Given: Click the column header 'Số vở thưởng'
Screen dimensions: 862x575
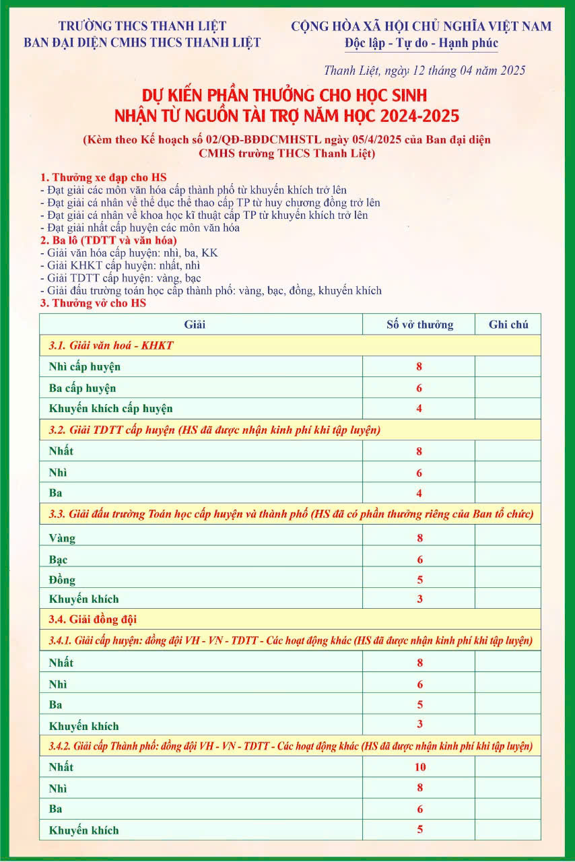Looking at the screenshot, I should click(419, 325).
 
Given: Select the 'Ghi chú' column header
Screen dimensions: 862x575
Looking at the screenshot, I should click(508, 325).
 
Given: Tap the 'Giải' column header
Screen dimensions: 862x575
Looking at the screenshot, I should click(195, 325).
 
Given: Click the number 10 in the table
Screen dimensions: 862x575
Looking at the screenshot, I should click(419, 767).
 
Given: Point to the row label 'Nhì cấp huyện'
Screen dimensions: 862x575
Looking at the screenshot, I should click(85, 367).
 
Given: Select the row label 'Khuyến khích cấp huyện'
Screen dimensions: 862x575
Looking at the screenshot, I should click(111, 409).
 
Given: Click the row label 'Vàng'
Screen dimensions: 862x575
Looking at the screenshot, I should click(63, 538).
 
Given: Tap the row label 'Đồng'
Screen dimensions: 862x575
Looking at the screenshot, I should click(63, 580).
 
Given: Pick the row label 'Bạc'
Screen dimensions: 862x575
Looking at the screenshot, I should click(59, 560).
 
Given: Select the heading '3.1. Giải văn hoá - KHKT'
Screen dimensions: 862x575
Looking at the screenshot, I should click(111, 345).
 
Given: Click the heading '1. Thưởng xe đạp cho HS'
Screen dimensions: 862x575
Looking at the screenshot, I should click(103, 177).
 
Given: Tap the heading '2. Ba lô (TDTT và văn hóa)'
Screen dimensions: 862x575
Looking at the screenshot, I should click(108, 240).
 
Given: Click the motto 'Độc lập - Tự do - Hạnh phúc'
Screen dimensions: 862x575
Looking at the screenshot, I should click(421, 44).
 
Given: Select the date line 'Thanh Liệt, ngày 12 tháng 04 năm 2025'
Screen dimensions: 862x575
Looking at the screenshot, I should click(424, 71).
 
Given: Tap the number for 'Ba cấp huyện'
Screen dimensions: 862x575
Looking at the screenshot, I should click(419, 389).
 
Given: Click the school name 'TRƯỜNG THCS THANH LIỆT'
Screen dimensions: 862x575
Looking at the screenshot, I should click(142, 26).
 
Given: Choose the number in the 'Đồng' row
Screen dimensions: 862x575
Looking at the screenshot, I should click(419, 580).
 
